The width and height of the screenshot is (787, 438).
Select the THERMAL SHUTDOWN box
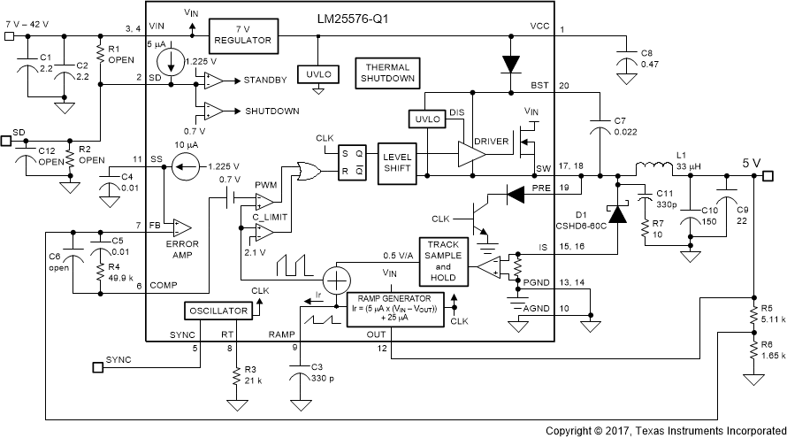click(386, 72)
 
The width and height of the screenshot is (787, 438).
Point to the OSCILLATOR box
click(217, 311)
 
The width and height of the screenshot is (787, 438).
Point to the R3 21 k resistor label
click(256, 375)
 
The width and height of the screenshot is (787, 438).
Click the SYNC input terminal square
click(97, 364)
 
